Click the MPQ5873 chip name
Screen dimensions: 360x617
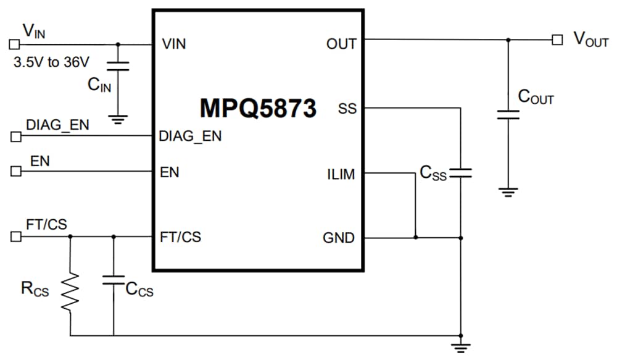[258, 107]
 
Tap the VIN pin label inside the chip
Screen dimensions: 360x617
[173, 44]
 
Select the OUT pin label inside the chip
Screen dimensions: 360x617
[341, 44]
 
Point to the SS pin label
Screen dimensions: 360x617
[347, 109]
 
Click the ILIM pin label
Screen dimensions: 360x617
[341, 175]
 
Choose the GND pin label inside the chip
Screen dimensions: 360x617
[339, 238]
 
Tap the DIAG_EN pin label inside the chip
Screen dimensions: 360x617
[190, 136]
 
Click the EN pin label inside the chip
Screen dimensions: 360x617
[170, 172]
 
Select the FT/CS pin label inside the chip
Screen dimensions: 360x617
[180, 237]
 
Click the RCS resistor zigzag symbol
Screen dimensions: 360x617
[70, 292]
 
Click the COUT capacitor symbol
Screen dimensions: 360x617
[508, 114]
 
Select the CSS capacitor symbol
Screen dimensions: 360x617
[461, 173]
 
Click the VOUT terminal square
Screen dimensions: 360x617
[557, 40]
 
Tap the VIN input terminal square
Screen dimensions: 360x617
[14, 44]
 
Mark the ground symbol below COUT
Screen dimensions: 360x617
[508, 192]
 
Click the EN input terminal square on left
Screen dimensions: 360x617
[15, 172]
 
